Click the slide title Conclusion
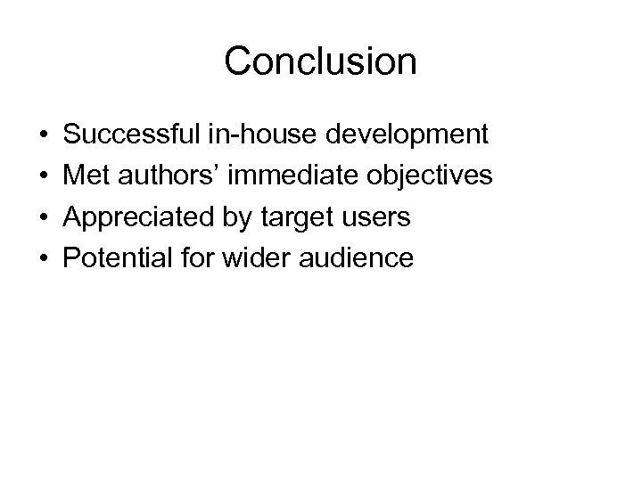[x=320, y=61]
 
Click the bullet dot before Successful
[x=45, y=135]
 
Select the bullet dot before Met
[x=45, y=176]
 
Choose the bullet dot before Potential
[x=45, y=259]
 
